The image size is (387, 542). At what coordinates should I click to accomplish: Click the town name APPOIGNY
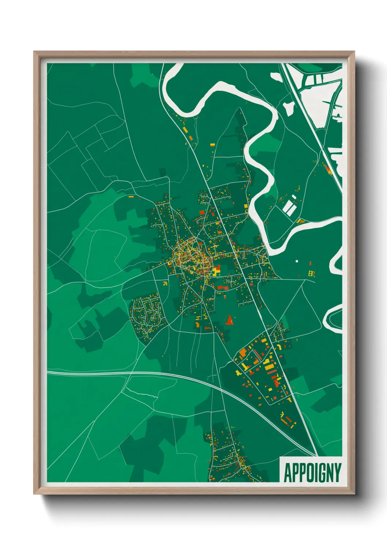tap(312, 472)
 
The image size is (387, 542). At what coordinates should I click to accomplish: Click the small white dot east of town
tap(297, 261)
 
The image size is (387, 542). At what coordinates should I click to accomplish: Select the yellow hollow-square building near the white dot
tap(312, 273)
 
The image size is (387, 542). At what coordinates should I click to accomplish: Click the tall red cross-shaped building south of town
tap(229, 320)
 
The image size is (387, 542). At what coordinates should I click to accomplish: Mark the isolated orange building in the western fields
tap(131, 197)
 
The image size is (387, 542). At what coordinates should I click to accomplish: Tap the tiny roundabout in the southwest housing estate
tap(148, 314)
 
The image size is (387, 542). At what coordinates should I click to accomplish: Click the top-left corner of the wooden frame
tap(34, 52)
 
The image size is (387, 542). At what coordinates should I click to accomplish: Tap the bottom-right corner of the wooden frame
tap(354, 494)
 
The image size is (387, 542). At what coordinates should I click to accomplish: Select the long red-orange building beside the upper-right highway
tap(327, 169)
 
